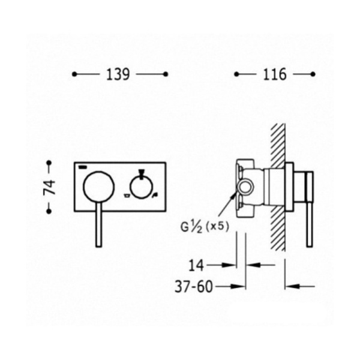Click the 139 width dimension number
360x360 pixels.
tap(118, 74)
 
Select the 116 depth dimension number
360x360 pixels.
tap(275, 74)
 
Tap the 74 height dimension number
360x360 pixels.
tap(49, 187)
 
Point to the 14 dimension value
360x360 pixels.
tap(196, 265)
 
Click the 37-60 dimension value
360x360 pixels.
tap(194, 287)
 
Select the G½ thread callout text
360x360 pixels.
tap(191, 227)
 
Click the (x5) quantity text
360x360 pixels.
tap(217, 227)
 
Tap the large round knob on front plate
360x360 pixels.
tap(99, 187)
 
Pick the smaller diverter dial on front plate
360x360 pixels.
tap(141, 187)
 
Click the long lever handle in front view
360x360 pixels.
tap(99, 225)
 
